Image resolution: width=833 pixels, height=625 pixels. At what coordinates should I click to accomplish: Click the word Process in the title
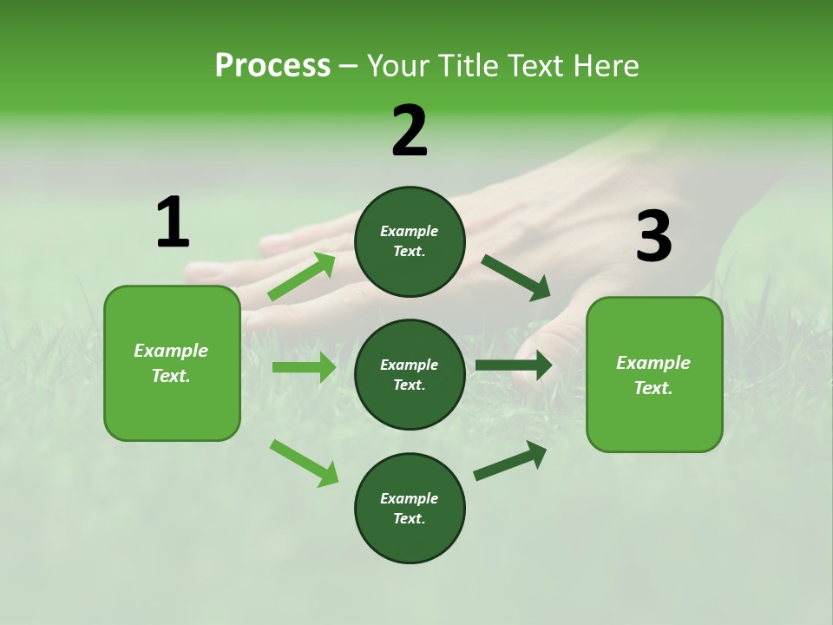(x=272, y=65)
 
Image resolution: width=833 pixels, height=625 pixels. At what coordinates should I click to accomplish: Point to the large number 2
(x=410, y=131)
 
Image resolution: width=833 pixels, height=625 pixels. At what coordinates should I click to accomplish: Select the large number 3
(x=653, y=237)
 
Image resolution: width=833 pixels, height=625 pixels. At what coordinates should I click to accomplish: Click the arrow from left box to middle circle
(x=304, y=367)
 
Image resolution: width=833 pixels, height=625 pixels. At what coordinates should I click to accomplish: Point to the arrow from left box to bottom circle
(x=304, y=463)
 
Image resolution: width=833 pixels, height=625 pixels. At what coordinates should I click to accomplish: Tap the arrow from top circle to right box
(x=516, y=278)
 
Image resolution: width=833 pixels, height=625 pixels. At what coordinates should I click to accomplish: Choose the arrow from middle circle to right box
(x=513, y=365)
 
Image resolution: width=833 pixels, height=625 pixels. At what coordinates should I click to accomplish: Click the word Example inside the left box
(x=171, y=351)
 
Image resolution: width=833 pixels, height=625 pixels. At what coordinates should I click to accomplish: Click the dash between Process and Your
(x=348, y=66)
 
